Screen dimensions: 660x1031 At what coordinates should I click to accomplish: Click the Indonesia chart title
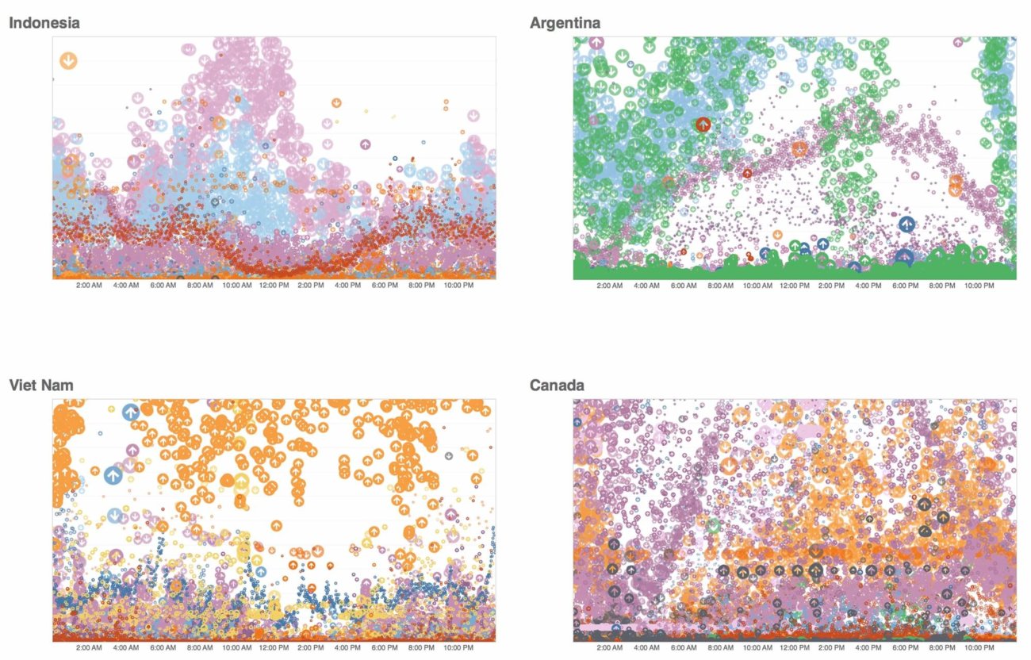pyautogui.click(x=44, y=23)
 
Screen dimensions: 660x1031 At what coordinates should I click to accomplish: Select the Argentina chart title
pyautogui.click(x=565, y=23)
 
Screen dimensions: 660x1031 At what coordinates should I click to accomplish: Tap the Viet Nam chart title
pyautogui.click(x=41, y=386)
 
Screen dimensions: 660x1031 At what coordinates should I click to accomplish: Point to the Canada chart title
pyautogui.click(x=557, y=386)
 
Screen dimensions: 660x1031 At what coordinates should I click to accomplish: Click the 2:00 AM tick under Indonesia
pyautogui.click(x=89, y=285)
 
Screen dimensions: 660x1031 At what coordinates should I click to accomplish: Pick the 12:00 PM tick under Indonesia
pyautogui.click(x=274, y=285)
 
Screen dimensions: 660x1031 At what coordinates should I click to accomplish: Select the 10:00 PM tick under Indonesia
pyautogui.click(x=458, y=285)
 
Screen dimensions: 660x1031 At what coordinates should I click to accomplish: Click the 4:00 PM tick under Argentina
pyautogui.click(x=868, y=285)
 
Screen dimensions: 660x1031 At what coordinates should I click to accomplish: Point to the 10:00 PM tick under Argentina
pyautogui.click(x=979, y=285)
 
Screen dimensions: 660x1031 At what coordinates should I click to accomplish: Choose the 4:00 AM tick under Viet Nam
pyautogui.click(x=126, y=647)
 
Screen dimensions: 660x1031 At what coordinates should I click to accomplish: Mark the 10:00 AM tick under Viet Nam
pyautogui.click(x=237, y=647)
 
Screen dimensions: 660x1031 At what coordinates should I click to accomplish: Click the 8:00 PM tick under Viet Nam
pyautogui.click(x=422, y=647)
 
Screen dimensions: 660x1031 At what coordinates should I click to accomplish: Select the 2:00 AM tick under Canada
pyautogui.click(x=610, y=647)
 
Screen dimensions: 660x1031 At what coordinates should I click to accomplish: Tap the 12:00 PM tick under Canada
pyautogui.click(x=795, y=647)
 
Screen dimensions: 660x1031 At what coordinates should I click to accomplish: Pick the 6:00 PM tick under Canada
pyautogui.click(x=906, y=647)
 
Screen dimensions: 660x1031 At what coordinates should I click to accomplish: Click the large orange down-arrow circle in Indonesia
pyautogui.click(x=69, y=59)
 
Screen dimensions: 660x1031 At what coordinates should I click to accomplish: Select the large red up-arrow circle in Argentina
pyautogui.click(x=703, y=125)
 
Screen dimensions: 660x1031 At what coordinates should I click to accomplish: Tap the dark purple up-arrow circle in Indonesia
pyautogui.click(x=365, y=144)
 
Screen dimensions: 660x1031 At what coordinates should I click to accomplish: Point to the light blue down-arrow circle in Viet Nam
pyautogui.click(x=115, y=516)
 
